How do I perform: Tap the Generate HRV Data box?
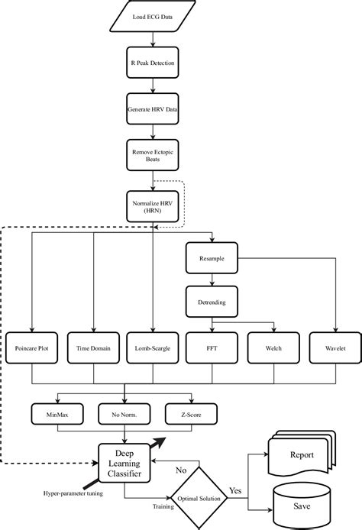click(x=153, y=109)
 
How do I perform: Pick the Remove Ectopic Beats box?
click(x=153, y=158)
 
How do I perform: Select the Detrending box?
click(x=212, y=303)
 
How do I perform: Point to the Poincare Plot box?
click(x=32, y=348)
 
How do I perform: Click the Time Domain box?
click(x=93, y=348)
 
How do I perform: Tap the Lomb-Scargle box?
click(x=153, y=348)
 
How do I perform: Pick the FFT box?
click(x=212, y=348)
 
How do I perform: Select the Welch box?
click(x=273, y=348)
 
